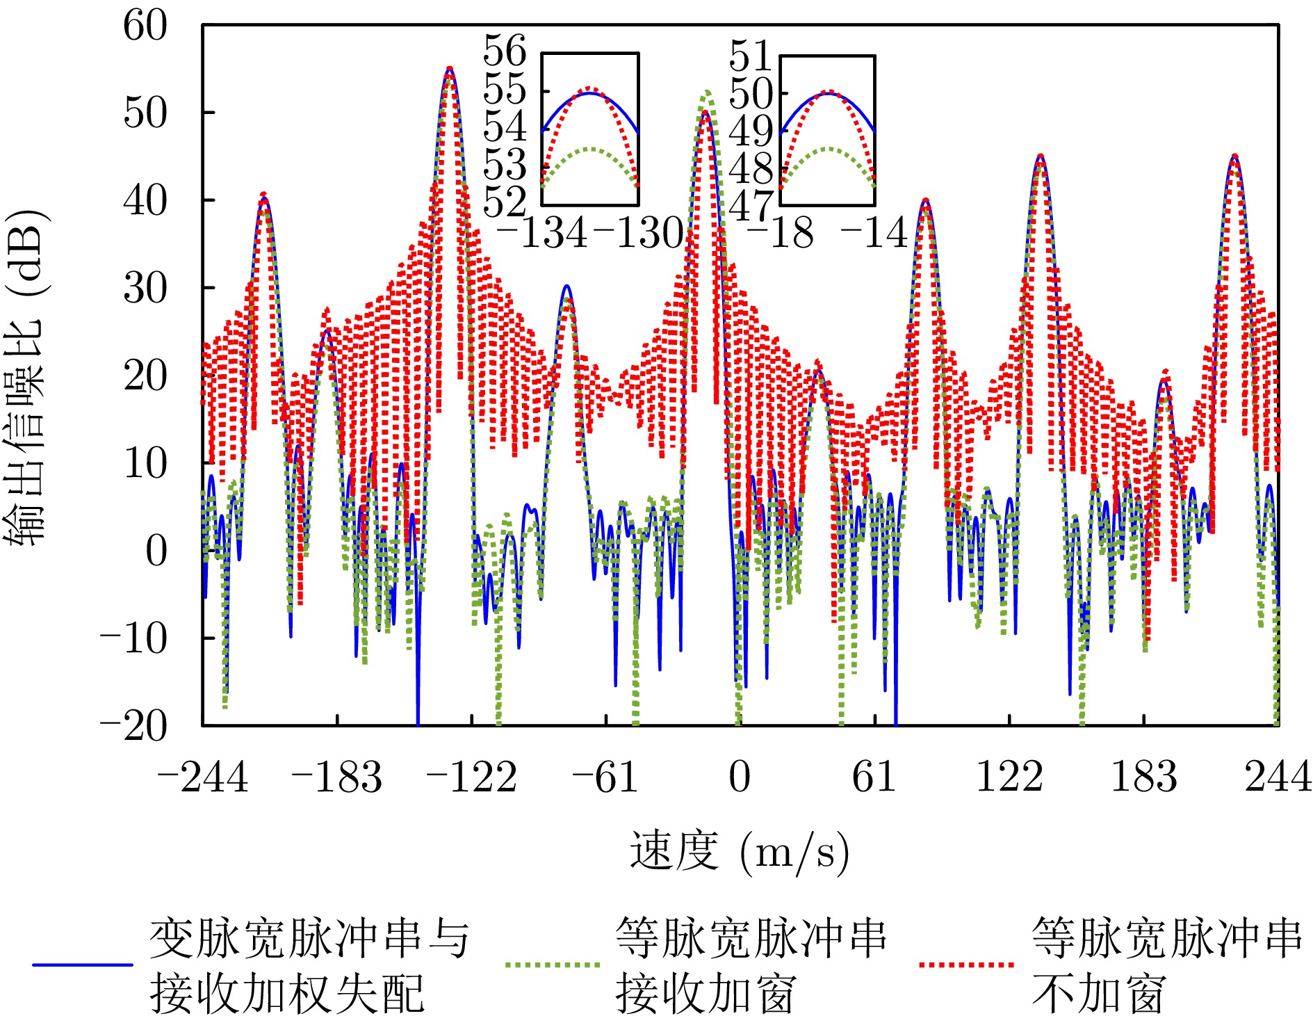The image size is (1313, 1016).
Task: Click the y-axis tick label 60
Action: click(145, 26)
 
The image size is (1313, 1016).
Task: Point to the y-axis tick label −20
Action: click(134, 726)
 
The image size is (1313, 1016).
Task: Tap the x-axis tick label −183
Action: click(337, 777)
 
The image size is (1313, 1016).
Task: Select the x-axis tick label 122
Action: click(1009, 777)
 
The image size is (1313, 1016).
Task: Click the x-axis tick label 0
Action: click(740, 777)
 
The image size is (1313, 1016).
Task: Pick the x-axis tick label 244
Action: click(1278, 777)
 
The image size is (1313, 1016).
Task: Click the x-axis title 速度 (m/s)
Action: click(740, 851)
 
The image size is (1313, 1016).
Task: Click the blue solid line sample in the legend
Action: click(83, 965)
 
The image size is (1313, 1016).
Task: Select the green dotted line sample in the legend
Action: click(553, 965)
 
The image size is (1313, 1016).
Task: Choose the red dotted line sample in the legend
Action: click(966, 965)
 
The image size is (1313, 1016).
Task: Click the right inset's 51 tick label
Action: click(751, 56)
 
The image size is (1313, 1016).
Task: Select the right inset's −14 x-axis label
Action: click(874, 233)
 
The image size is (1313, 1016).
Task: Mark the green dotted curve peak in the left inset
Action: click(590, 150)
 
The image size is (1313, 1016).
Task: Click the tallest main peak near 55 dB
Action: click(450, 69)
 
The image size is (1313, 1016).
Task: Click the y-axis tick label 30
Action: click(145, 288)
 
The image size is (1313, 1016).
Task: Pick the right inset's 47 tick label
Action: click(751, 206)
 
